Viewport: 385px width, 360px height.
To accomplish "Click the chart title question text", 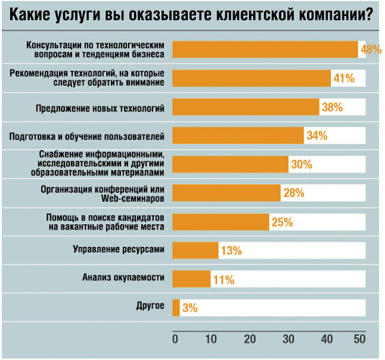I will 192,14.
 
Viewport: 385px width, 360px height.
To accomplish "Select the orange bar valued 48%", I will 265,49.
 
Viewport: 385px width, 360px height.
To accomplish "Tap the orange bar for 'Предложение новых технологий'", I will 245,107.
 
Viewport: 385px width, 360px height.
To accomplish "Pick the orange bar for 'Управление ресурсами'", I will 195,250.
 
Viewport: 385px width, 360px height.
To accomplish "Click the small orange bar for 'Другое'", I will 176,308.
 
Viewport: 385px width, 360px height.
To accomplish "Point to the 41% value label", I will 344,78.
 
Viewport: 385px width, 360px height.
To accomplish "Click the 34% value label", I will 316,136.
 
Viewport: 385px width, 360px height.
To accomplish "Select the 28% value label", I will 294,194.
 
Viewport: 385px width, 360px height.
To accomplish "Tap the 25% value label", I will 282,222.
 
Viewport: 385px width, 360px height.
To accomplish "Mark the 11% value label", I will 224,279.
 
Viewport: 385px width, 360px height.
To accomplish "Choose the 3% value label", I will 189,308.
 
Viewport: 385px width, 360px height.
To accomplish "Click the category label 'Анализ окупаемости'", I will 123,278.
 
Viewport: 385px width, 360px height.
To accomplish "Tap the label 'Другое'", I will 150,307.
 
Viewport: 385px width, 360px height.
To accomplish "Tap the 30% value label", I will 301,165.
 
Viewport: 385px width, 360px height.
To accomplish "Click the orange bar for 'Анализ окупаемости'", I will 191,279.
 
